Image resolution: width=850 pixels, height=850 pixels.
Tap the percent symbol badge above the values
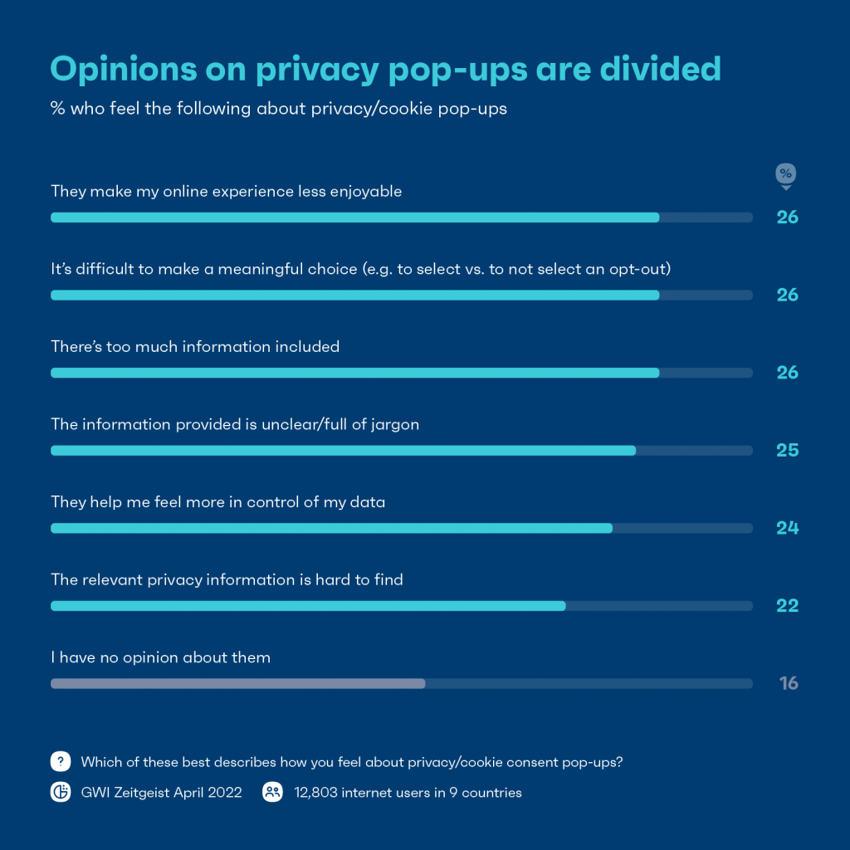click(785, 174)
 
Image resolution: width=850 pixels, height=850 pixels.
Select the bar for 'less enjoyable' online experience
click(354, 217)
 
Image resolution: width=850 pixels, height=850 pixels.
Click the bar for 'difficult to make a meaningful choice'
click(354, 295)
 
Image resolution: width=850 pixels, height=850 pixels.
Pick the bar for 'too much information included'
click(354, 373)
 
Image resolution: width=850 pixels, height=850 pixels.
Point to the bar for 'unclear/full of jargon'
click(343, 450)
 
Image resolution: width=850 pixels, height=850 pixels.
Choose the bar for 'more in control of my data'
click(331, 528)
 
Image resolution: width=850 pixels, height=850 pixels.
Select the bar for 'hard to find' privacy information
click(308, 606)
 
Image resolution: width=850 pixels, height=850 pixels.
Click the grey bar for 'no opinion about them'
click(237, 683)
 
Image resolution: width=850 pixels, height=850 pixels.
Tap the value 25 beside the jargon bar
click(788, 450)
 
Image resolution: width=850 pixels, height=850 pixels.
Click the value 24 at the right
click(788, 528)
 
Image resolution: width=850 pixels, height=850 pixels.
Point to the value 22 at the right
click(788, 606)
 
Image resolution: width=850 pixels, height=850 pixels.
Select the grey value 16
click(789, 683)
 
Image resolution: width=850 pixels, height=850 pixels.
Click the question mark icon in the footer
click(61, 762)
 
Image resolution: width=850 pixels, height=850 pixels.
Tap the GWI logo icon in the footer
click(61, 793)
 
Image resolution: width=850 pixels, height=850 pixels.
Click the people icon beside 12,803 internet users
click(272, 793)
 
